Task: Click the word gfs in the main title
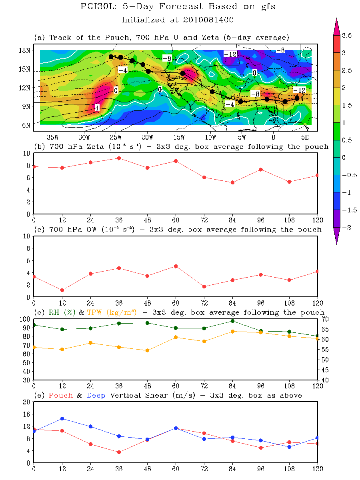click(x=266, y=7)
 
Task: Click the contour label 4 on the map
click(x=97, y=108)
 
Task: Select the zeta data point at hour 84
click(x=232, y=182)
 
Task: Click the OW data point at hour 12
click(x=62, y=290)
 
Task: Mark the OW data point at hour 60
click(x=176, y=266)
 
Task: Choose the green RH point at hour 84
click(x=232, y=321)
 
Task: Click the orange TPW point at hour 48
click(x=148, y=350)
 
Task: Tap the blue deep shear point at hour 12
click(x=62, y=419)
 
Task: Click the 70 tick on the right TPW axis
click(x=326, y=319)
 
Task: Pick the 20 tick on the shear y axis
click(x=27, y=402)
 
